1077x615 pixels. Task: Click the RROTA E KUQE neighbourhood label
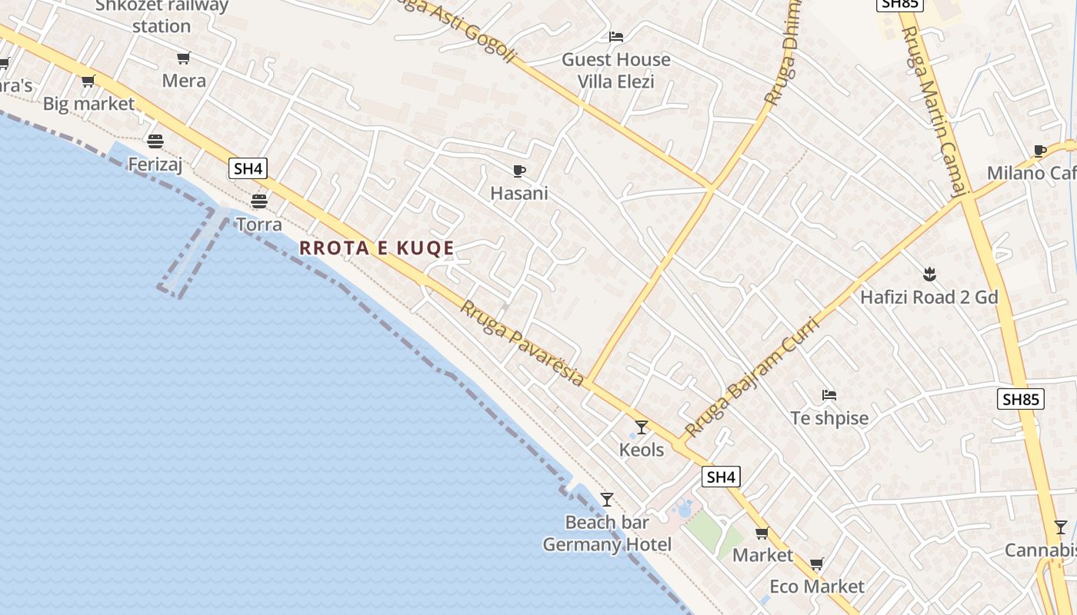point(376,248)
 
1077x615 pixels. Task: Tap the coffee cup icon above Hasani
point(519,171)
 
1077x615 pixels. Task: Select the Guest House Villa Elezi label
point(615,70)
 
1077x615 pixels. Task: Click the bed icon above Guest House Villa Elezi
point(615,36)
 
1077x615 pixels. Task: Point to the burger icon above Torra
point(258,201)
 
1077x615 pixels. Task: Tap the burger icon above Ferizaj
point(155,141)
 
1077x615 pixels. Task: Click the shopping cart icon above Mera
point(183,58)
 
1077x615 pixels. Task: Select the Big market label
point(88,104)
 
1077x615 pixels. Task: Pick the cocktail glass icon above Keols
point(641,427)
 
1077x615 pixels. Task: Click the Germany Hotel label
point(607,545)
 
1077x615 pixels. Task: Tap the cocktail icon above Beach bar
point(607,500)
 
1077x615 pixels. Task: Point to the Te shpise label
point(829,418)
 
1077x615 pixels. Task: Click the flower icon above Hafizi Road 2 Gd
point(929,274)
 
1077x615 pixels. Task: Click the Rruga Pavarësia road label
point(522,343)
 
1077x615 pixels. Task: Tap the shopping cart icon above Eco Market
point(817,564)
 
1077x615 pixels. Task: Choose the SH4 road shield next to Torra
point(248,169)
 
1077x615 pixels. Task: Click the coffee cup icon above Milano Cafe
point(1040,151)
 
